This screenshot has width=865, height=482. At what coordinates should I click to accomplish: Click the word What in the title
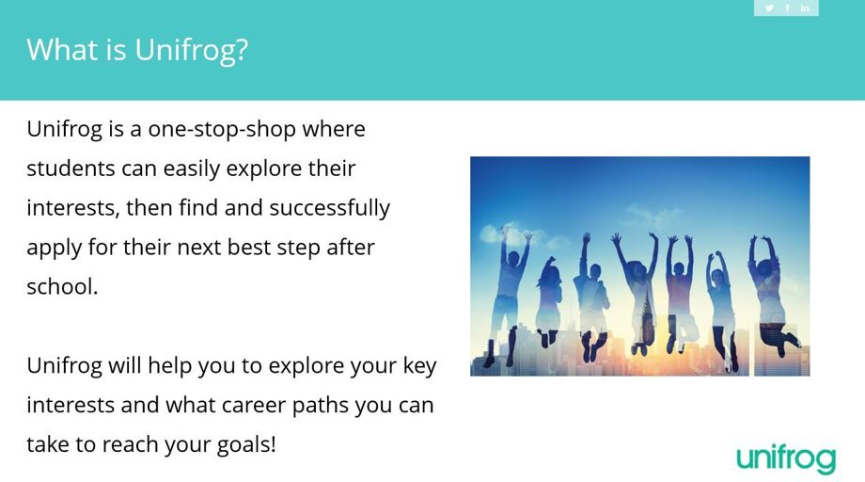pos(62,50)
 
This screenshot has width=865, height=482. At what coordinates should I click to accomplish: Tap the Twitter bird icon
pos(769,8)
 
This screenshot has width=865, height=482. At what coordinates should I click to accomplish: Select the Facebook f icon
pos(787,8)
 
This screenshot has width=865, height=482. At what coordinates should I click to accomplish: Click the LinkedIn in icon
pos(805,8)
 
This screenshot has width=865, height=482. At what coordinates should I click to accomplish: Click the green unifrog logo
pos(786,459)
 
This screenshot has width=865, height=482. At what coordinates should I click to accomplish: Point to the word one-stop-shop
pos(222,130)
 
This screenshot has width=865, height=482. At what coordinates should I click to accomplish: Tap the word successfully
pos(329,209)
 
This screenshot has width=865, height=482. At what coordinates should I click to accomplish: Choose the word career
pos(253,406)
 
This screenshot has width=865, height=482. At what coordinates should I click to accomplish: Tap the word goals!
pos(246,445)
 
